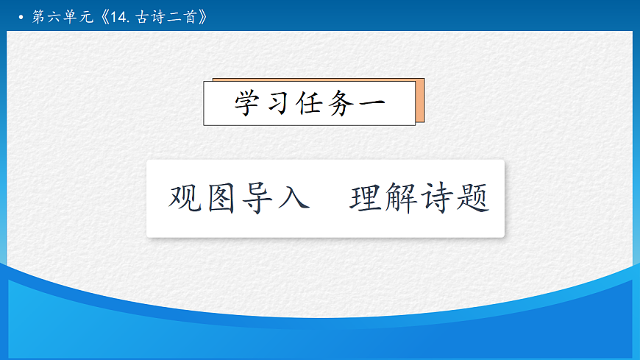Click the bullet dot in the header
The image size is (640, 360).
click(x=21, y=17)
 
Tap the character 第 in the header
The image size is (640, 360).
click(x=38, y=17)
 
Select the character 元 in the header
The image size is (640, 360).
click(x=87, y=17)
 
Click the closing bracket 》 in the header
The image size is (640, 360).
click(x=203, y=17)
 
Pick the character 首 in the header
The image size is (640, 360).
click(x=190, y=17)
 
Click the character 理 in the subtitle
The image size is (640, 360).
click(x=366, y=198)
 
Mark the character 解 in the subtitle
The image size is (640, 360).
click(x=402, y=198)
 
